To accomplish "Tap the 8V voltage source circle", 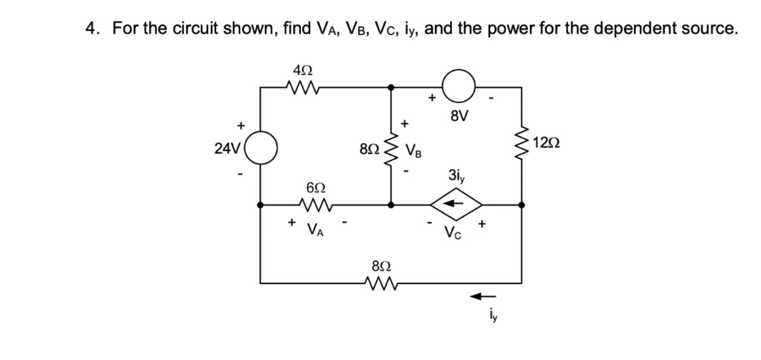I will click(458, 87).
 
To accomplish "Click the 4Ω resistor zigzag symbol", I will click(303, 88).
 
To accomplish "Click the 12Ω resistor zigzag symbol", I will click(521, 145).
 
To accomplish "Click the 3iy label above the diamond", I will click(457, 175).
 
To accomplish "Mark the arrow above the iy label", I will click(481, 297).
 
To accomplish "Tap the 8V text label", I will click(459, 116).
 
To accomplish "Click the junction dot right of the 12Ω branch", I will click(521, 204).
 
